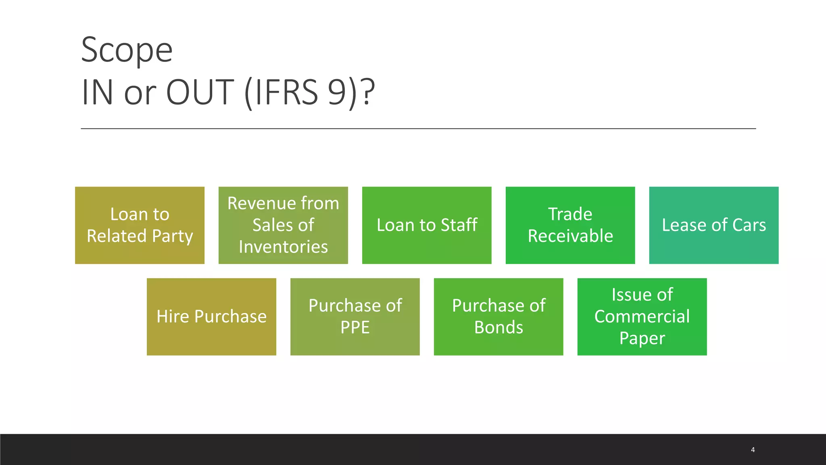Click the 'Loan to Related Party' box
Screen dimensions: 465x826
[140, 225]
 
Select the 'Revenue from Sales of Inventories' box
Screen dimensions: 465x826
[283, 225]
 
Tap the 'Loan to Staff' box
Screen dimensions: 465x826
[427, 225]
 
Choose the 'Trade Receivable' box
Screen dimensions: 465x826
[570, 225]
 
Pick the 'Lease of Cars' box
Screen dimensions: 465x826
[714, 225]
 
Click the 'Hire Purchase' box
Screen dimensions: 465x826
[211, 316]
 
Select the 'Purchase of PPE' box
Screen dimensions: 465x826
[355, 316]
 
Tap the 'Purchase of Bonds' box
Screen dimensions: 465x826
[499, 316]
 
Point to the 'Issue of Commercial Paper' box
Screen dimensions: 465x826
[642, 316]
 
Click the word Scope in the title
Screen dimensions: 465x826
[127, 50]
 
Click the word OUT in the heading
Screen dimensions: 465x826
[200, 92]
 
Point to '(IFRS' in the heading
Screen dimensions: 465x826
[281, 92]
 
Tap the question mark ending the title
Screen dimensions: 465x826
[368, 92]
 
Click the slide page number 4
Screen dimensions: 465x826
[753, 450]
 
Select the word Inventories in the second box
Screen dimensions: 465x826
[283, 247]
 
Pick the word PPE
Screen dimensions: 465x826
[355, 327]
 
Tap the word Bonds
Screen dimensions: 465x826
[499, 327]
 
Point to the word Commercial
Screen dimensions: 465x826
[642, 316]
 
